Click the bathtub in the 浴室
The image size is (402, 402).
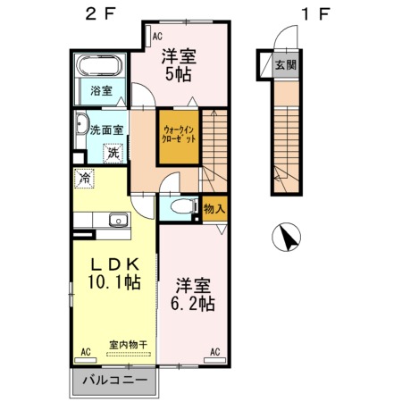[99, 66]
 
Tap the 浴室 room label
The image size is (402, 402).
[101, 90]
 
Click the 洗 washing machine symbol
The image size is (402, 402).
[113, 154]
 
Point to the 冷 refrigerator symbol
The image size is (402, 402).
[84, 179]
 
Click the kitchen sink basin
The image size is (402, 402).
[119, 221]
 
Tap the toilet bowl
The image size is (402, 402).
[182, 206]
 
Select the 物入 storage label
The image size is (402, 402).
[214, 209]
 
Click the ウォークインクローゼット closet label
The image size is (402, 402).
[179, 135]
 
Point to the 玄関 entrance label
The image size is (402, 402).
[286, 64]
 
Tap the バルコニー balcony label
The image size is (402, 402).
[115, 380]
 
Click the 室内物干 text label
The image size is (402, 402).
[129, 345]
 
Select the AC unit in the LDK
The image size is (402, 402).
[86, 360]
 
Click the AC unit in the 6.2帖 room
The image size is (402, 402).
[214, 360]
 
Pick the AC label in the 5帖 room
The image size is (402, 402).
[157, 37]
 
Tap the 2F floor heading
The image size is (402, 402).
[100, 13]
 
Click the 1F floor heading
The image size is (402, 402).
[316, 13]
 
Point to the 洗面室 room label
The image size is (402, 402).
[106, 130]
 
